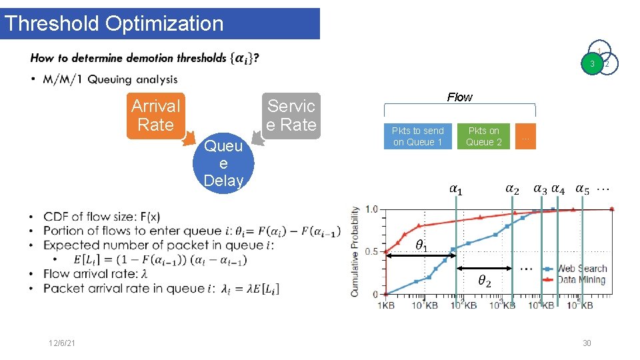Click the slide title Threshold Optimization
[x=113, y=23]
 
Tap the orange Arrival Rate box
[x=155, y=115]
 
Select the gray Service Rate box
[x=291, y=115]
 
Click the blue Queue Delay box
[x=223, y=163]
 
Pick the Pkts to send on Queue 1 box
[x=417, y=136]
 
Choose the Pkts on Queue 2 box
[x=484, y=136]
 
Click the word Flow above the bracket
[x=459, y=97]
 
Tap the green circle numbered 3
[x=591, y=64]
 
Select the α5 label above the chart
[x=582, y=189]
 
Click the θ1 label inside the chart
[x=422, y=245]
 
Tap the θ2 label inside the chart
[x=485, y=281]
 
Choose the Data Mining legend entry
[x=581, y=279]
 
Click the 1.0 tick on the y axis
[x=371, y=209]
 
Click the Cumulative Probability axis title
[x=355, y=251]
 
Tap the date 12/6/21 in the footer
[x=62, y=343]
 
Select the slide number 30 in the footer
[x=587, y=343]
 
